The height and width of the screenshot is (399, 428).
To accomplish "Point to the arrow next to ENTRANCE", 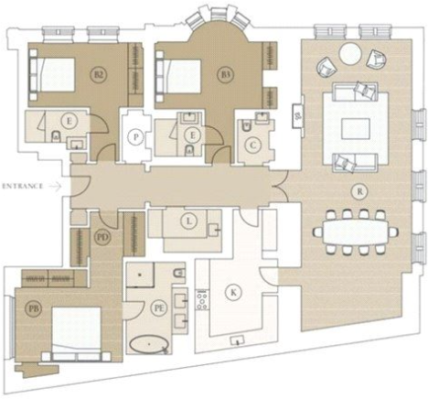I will coord(56,185).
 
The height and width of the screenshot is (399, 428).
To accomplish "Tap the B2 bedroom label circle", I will coord(99,72).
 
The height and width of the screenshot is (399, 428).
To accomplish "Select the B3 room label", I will coord(223,72).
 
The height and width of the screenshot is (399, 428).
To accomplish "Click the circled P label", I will coord(136,136).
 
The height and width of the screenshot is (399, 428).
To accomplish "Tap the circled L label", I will coord(187,221).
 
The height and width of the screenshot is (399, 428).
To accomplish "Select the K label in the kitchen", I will coord(234,292).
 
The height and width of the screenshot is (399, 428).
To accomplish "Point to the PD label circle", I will coord(102,236).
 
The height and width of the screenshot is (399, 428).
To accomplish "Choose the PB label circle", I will coord(33,307).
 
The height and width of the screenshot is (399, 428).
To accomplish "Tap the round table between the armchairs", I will coord(350,54).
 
